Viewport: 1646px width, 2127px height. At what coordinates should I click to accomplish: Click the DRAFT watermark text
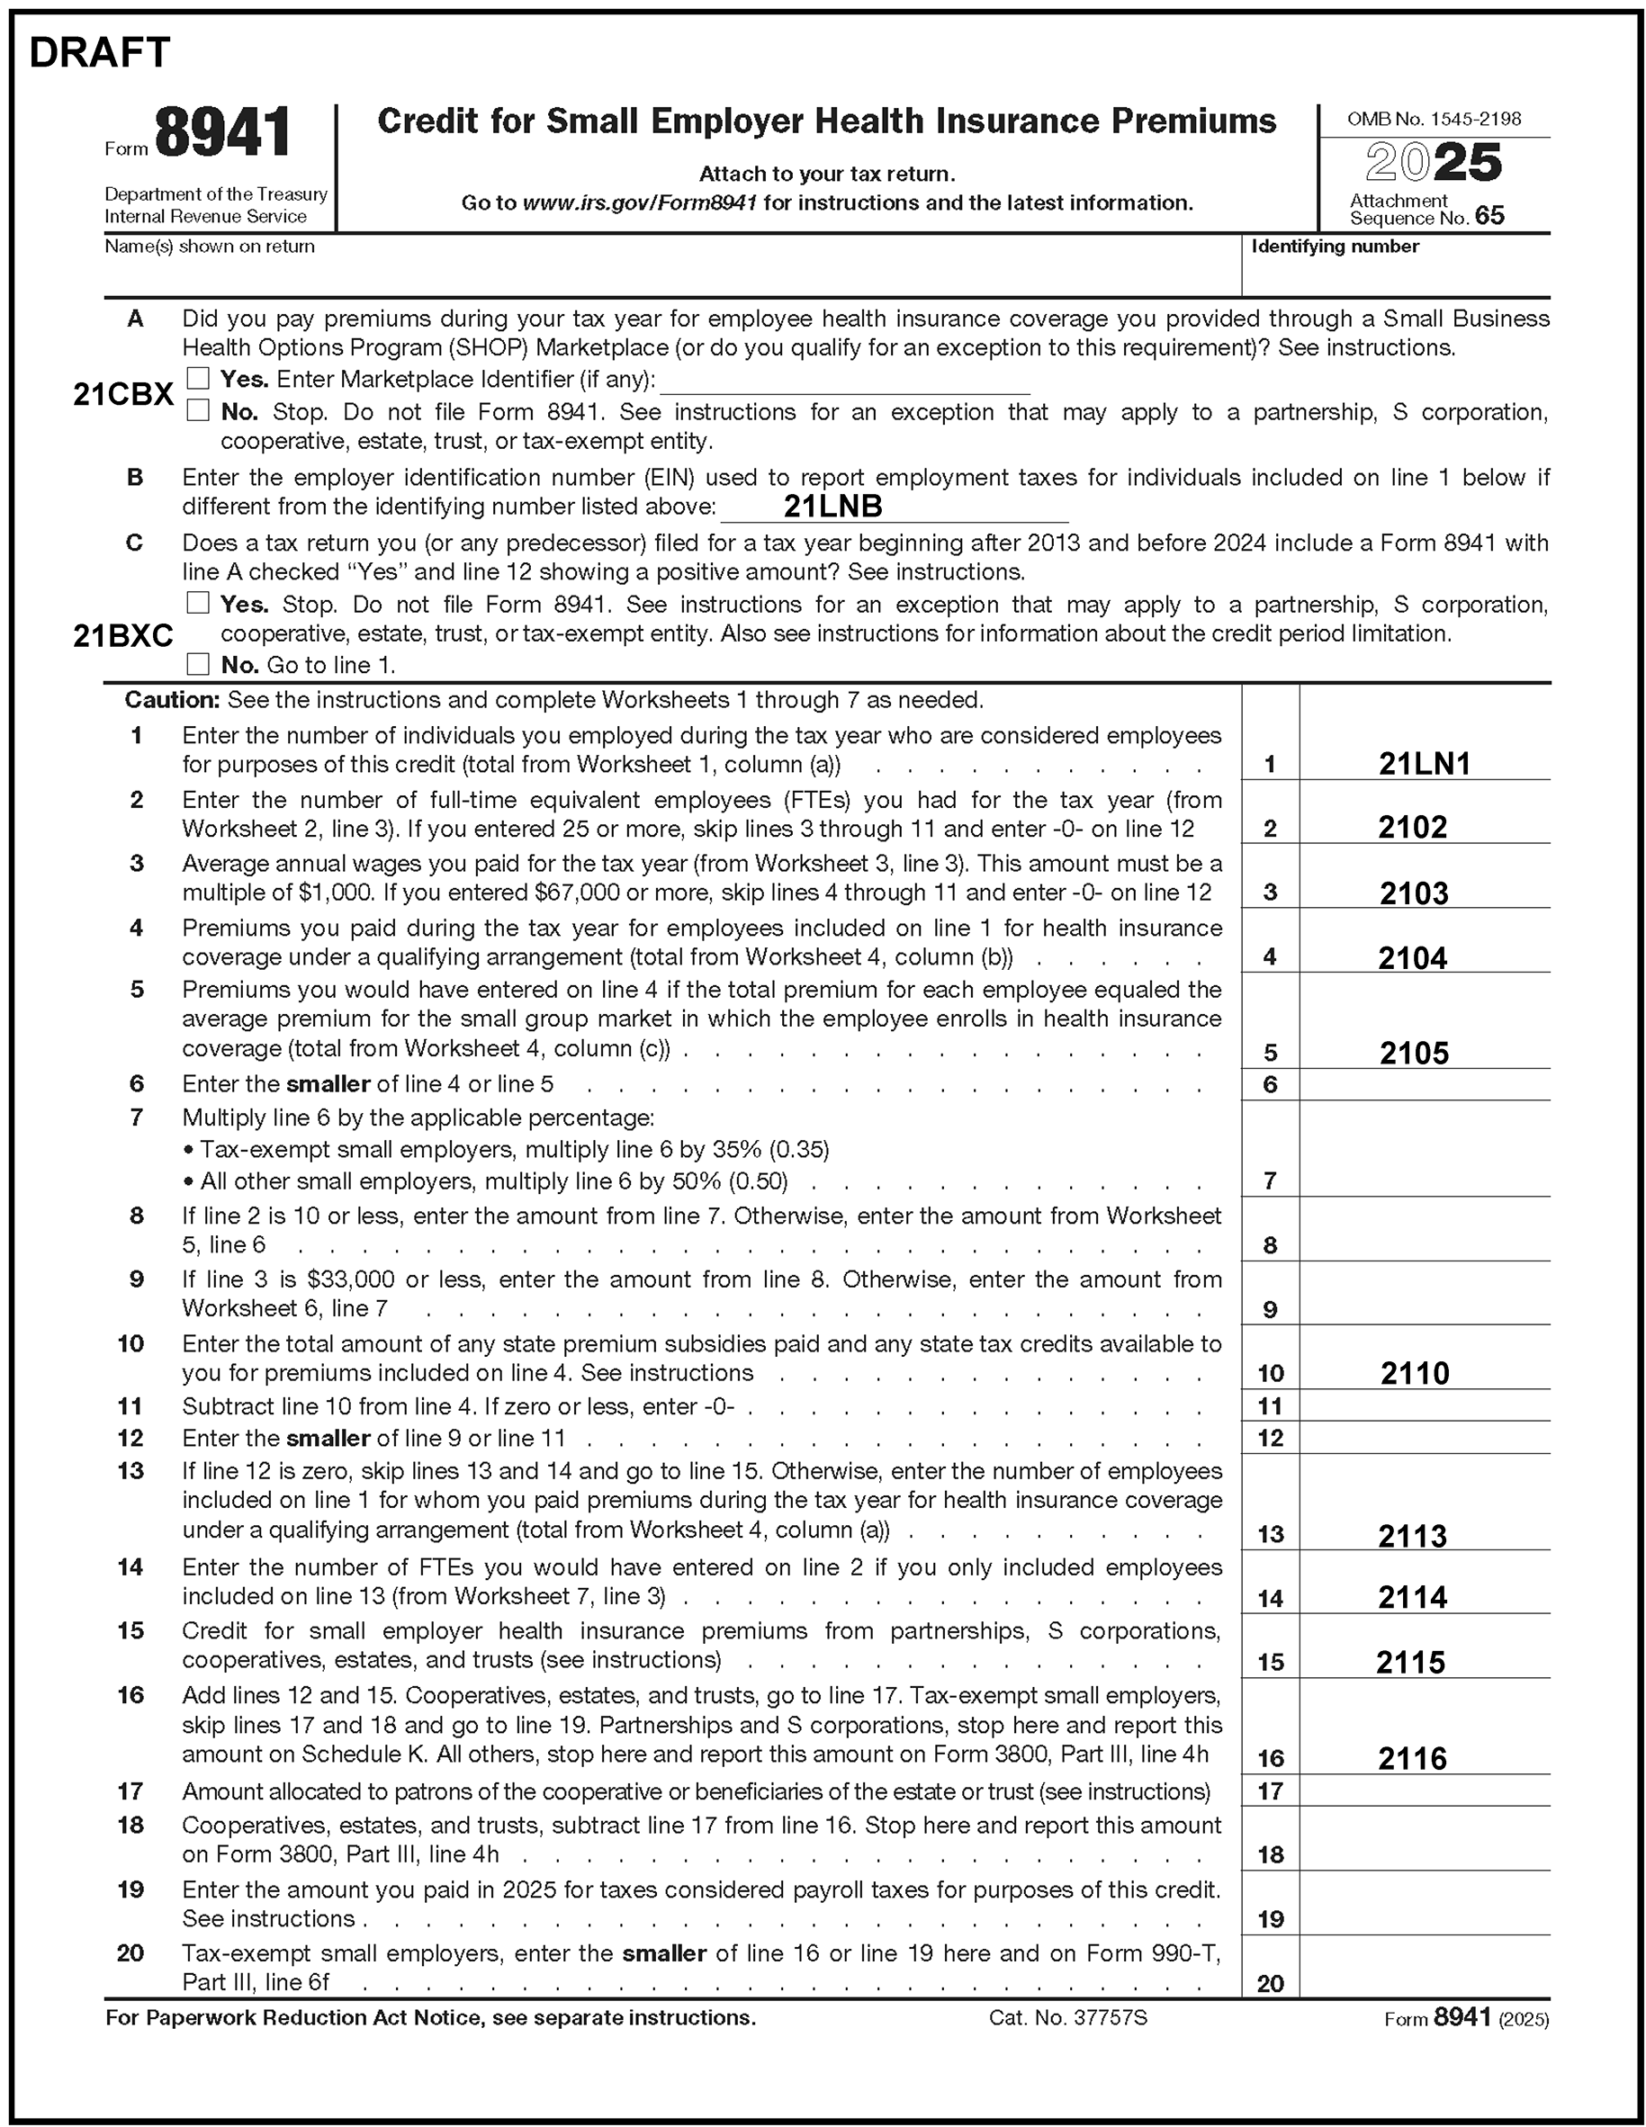(x=99, y=52)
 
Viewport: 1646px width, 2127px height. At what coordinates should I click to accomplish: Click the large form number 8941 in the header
(x=223, y=133)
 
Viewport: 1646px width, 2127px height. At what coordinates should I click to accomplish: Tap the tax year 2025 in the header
(x=1433, y=163)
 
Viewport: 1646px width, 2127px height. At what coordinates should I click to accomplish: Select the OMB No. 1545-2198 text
(x=1433, y=119)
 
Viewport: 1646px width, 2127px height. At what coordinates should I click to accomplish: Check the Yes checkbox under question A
(x=198, y=378)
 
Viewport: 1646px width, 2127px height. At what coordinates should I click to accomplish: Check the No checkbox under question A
(x=198, y=410)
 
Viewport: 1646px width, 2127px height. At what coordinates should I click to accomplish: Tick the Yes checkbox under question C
(x=198, y=603)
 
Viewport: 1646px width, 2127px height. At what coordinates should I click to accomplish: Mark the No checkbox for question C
(x=198, y=664)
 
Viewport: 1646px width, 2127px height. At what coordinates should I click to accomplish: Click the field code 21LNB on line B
(x=832, y=506)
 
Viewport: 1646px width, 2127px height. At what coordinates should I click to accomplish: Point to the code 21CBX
(x=122, y=394)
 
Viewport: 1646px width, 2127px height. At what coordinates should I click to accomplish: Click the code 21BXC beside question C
(x=122, y=636)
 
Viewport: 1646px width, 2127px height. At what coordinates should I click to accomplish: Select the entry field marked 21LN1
(x=1424, y=764)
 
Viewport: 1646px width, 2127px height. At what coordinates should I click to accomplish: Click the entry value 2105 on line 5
(x=1414, y=1053)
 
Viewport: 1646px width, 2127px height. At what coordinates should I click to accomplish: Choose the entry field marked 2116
(x=1412, y=1758)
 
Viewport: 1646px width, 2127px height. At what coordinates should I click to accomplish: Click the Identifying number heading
(x=1335, y=247)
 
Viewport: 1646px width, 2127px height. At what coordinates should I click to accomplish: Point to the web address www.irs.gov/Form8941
(x=640, y=202)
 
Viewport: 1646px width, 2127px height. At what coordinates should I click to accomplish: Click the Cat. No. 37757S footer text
(x=1067, y=2017)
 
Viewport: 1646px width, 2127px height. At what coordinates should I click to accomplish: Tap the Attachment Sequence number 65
(x=1489, y=215)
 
